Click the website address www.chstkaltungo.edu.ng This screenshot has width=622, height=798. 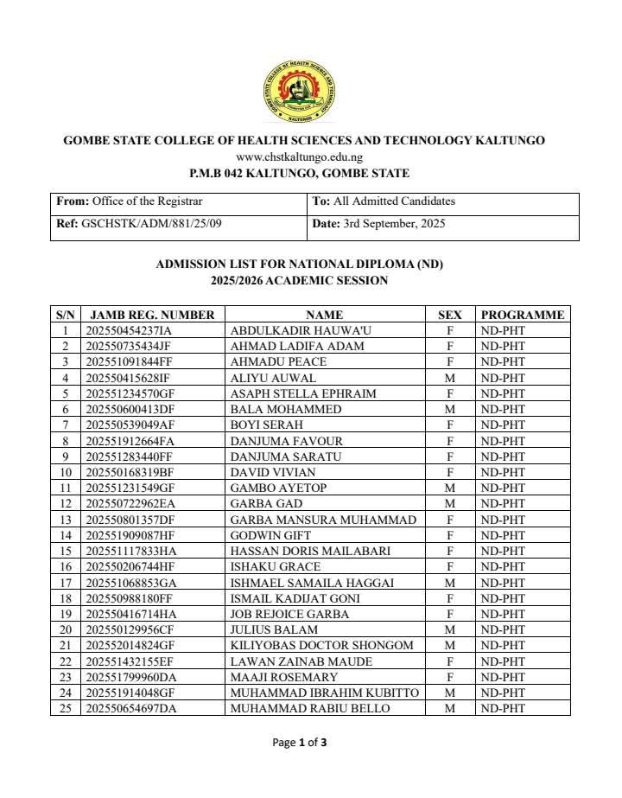(299, 157)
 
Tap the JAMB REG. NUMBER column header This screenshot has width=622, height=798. (152, 315)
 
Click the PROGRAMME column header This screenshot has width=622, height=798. (522, 315)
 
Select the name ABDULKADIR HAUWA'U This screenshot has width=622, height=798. (288, 330)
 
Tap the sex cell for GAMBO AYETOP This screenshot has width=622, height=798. (449, 488)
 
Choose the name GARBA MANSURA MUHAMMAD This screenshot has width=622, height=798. (322, 520)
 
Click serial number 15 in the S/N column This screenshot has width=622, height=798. (65, 551)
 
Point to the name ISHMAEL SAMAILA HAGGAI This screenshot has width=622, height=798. (312, 583)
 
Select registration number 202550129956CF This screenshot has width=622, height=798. (130, 629)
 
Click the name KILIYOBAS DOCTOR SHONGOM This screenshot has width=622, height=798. (321, 645)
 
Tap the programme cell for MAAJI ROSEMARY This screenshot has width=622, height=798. (503, 677)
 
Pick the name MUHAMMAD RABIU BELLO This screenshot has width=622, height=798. (309, 708)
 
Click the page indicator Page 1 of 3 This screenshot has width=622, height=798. (299, 742)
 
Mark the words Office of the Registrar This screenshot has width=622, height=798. (147, 201)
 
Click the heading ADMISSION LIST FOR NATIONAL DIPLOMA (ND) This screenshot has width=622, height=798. (299, 264)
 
